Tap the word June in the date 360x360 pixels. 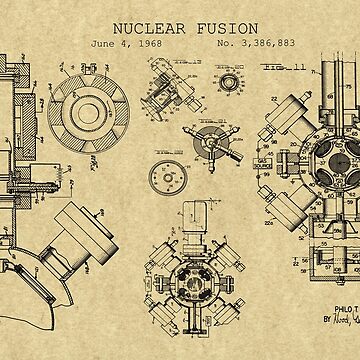tap(102, 45)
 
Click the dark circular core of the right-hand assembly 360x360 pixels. tap(334, 158)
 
